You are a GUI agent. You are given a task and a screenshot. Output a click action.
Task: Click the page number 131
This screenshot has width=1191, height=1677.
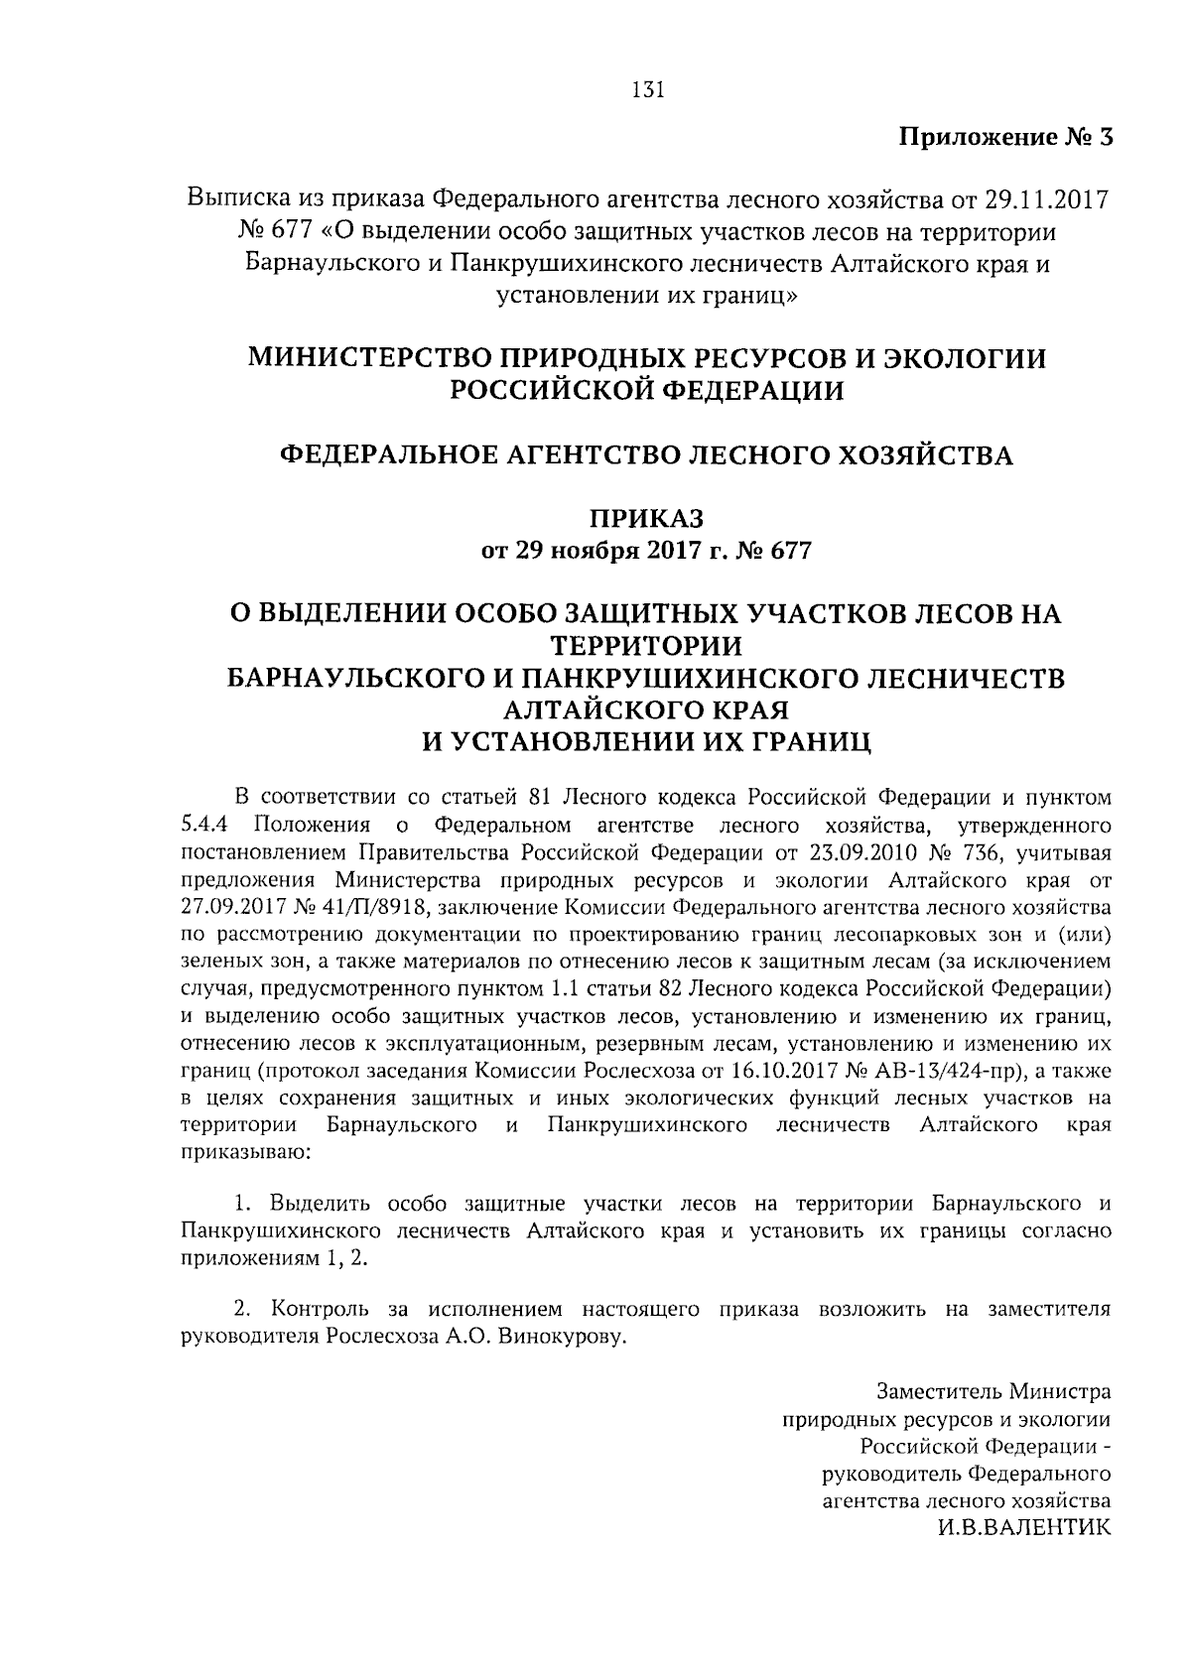(x=646, y=90)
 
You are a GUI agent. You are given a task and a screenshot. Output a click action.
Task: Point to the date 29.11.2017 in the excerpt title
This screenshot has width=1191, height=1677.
(x=1040, y=198)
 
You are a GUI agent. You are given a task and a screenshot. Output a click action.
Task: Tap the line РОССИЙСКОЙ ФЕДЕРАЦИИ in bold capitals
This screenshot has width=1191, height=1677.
(x=647, y=391)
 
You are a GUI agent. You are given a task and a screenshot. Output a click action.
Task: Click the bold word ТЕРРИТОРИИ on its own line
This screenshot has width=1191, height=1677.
(x=646, y=646)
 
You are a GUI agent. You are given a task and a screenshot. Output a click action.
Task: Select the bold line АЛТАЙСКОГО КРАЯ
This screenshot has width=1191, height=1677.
(x=646, y=709)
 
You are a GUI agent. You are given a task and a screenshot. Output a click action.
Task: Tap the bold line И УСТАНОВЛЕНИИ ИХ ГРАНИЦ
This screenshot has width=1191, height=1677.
(x=646, y=741)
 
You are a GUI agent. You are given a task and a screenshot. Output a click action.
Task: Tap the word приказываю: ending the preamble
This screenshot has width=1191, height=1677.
(x=233, y=1153)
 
